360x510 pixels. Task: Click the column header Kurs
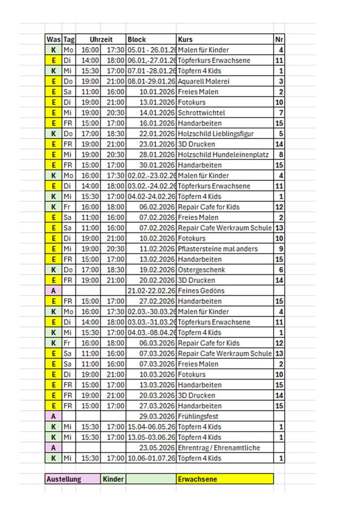click(x=185, y=40)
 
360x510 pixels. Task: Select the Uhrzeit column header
click(x=100, y=40)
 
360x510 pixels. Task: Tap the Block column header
click(x=137, y=40)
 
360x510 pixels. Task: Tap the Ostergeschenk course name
click(x=201, y=270)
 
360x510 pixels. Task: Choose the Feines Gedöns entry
click(x=201, y=290)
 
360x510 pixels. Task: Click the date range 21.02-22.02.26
click(x=151, y=290)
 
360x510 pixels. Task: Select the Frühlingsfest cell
click(x=199, y=416)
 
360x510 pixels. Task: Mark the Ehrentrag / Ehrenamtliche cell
click(x=219, y=448)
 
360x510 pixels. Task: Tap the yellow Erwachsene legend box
click(x=225, y=479)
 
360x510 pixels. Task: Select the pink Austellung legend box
click(x=72, y=479)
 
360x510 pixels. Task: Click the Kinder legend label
click(x=113, y=479)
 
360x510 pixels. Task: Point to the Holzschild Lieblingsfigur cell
click(x=216, y=134)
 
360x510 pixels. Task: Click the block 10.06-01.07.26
click(x=151, y=458)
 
